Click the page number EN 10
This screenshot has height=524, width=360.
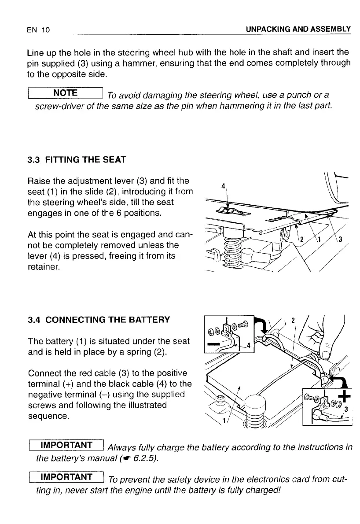[x=38, y=30]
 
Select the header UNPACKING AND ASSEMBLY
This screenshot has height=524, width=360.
[x=298, y=30]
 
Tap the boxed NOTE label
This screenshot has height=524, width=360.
[x=65, y=93]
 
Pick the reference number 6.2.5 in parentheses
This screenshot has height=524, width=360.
[x=143, y=459]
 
